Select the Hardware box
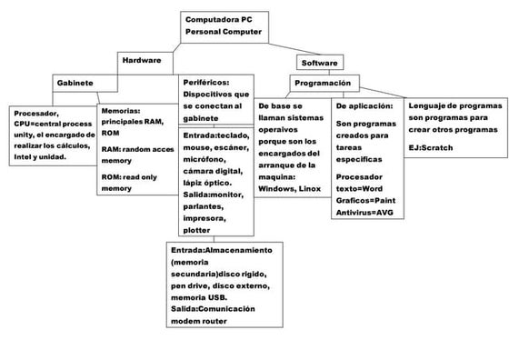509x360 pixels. tap(141, 60)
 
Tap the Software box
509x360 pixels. tap(319, 64)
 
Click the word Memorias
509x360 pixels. tap(121, 109)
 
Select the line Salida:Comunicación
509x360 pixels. tap(212, 309)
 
